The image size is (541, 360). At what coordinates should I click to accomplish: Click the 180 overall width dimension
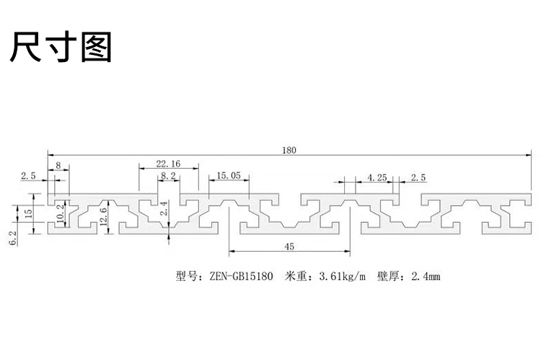point(289,150)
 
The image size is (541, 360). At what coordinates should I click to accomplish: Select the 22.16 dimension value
point(168,164)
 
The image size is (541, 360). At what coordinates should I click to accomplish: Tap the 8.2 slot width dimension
point(168,176)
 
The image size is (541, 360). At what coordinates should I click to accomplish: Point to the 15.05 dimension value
point(229,176)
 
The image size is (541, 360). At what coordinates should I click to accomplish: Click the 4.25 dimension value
point(377,177)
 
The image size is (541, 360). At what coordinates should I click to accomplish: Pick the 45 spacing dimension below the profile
point(289,247)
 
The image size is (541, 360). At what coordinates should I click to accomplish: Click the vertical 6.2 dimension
point(12,238)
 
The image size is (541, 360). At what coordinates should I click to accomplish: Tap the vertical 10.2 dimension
point(60,213)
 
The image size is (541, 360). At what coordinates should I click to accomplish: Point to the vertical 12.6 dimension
point(103,216)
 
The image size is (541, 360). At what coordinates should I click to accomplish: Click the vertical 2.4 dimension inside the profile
point(164,208)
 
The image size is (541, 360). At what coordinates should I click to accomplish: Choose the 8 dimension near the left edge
point(58,165)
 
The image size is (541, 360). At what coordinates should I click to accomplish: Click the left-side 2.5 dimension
point(28,176)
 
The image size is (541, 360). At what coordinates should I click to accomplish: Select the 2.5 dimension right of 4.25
point(418,177)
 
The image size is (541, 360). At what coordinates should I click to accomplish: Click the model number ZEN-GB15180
point(241,276)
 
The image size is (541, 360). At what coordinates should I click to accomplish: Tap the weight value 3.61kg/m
point(342,276)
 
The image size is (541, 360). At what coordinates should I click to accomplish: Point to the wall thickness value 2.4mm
point(426,276)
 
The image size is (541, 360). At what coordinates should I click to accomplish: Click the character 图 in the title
point(96,47)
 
